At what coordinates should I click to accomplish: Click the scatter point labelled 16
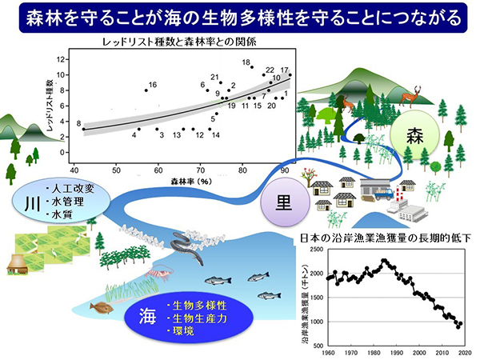146,90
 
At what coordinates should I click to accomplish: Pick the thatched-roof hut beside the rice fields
17,262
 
